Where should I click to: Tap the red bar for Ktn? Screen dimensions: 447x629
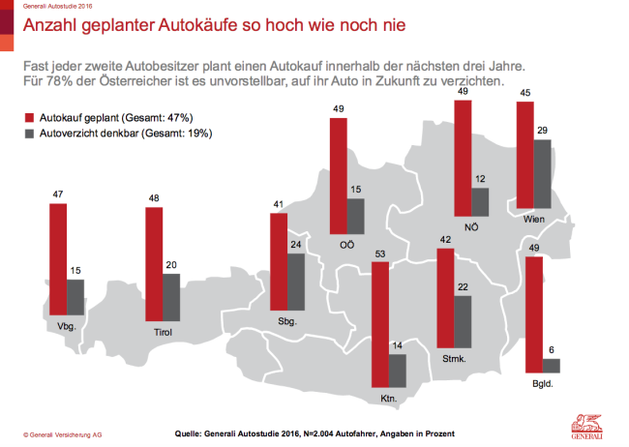click(x=379, y=323)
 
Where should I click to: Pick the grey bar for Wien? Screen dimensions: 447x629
click(x=543, y=174)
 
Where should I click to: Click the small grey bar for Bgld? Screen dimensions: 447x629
click(x=552, y=366)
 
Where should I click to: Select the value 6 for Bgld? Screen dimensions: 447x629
click(x=552, y=351)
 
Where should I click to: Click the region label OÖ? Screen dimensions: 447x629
click(x=346, y=245)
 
